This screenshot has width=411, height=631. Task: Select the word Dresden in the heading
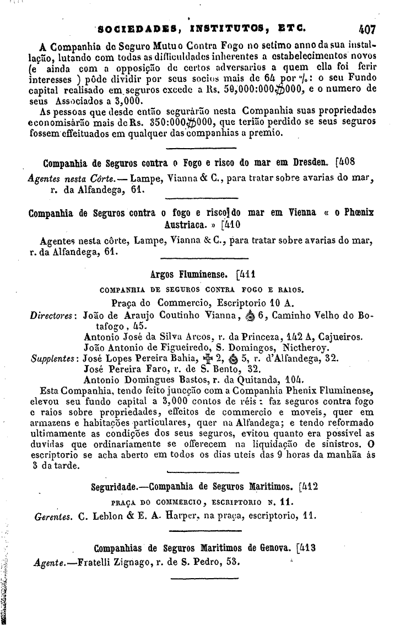(x=310, y=164)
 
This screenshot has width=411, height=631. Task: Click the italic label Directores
(x=52, y=315)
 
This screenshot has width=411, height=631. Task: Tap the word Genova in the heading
(x=271, y=548)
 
